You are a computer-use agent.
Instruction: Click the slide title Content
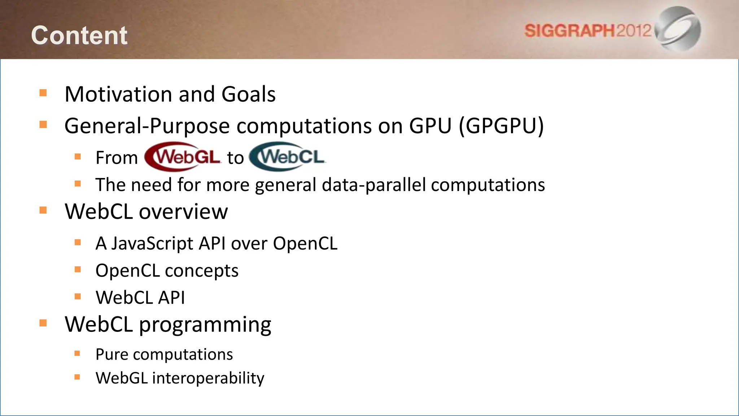(79, 35)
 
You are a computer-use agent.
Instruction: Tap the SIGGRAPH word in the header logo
(569, 31)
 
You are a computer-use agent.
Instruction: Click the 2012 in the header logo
(634, 31)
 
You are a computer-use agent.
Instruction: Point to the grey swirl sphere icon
(679, 28)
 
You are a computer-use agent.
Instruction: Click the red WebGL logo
(183, 157)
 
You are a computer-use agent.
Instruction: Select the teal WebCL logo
(288, 157)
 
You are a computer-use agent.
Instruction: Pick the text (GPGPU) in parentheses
(501, 126)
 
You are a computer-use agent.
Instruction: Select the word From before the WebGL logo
(117, 158)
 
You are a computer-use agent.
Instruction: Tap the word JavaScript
(152, 243)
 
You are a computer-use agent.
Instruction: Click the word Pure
(111, 354)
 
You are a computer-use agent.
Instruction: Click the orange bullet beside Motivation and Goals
(43, 93)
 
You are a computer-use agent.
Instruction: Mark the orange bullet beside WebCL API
(78, 296)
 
